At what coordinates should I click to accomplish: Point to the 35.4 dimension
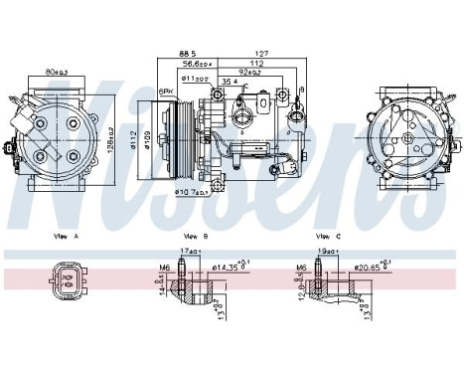pos(230,81)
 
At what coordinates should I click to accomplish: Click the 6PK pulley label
pos(165,91)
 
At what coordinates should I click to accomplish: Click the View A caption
pos(63,238)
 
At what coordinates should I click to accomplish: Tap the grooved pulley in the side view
pos(178,130)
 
